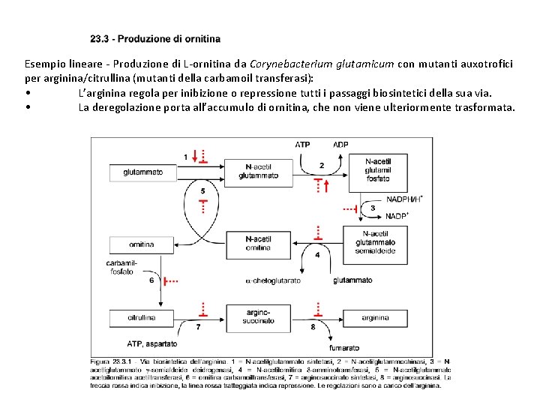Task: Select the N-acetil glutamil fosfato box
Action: click(x=377, y=170)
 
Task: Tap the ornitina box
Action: click(x=142, y=244)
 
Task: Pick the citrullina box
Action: click(x=142, y=318)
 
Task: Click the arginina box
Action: click(x=375, y=318)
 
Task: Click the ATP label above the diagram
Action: click(x=303, y=144)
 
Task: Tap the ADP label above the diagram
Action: click(x=340, y=144)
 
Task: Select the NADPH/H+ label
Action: click(x=405, y=199)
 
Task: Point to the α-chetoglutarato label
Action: click(x=273, y=280)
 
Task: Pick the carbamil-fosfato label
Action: click(x=120, y=267)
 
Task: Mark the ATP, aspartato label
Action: click(x=152, y=344)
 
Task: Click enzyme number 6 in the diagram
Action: click(x=152, y=280)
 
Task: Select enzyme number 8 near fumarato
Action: click(x=313, y=328)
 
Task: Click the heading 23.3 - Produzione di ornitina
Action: click(x=155, y=39)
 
